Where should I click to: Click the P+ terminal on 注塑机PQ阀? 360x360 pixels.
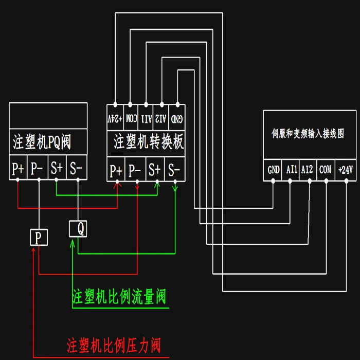pyautogui.click(x=18, y=169)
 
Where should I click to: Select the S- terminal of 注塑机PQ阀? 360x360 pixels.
pyautogui.click(x=76, y=169)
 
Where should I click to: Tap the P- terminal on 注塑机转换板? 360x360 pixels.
pyautogui.click(x=135, y=170)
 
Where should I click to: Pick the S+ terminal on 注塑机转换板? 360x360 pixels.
pyautogui.click(x=155, y=170)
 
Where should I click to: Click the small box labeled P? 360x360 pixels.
pyautogui.click(x=39, y=237)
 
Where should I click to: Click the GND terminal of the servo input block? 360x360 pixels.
pyautogui.click(x=274, y=169)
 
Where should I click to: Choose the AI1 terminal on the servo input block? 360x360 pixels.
pyautogui.click(x=292, y=169)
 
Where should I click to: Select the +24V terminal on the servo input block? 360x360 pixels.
pyautogui.click(x=346, y=169)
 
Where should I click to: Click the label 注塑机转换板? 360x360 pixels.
pyautogui.click(x=148, y=141)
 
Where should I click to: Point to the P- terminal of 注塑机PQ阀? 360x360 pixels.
pyautogui.click(x=37, y=169)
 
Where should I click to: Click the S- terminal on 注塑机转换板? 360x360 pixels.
pyautogui.click(x=174, y=170)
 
